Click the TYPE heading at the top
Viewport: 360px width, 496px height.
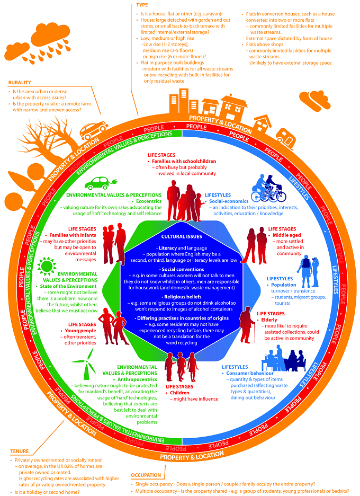[142, 5]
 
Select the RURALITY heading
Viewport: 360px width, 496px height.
[20, 83]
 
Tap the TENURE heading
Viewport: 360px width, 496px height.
[19, 451]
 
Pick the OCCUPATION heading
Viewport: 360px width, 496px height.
[146, 475]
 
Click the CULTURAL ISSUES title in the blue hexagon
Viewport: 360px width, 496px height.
[182, 236]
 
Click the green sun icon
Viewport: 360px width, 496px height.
[47, 265]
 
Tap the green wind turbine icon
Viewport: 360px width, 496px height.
[84, 364]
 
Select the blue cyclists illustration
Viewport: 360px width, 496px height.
[268, 188]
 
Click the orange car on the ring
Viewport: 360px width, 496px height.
[94, 130]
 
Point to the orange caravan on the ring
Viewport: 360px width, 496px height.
[286, 136]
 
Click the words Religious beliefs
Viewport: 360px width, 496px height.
[183, 297]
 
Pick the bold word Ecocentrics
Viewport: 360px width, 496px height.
[149, 201]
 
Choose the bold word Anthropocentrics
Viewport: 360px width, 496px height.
[137, 379]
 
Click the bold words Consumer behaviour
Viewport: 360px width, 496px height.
[250, 373]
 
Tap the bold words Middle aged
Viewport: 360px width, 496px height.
[286, 235]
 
